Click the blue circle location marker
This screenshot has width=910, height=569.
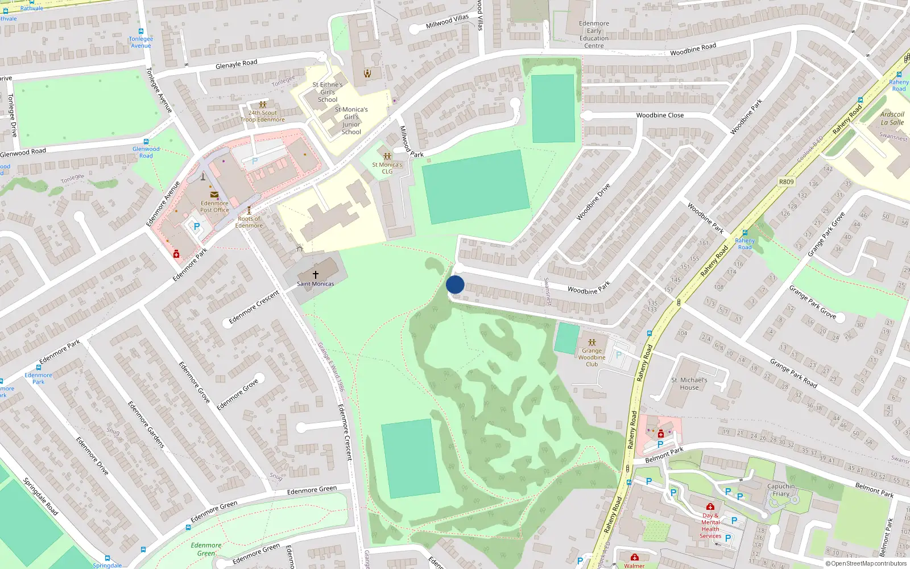pos(455,284)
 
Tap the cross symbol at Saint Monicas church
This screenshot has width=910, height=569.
pos(316,275)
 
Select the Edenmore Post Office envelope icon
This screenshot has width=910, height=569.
pos(214,195)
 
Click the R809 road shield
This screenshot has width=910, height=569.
pos(786,182)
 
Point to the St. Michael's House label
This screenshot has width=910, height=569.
pos(689,384)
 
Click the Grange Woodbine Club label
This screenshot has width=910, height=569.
pos(592,357)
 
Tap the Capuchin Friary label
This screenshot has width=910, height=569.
pos(781,490)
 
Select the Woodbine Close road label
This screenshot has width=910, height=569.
pos(660,115)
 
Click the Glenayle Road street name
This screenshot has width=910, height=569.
pos(236,64)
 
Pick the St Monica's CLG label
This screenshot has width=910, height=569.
pos(387,168)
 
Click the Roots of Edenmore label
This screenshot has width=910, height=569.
pos(249,222)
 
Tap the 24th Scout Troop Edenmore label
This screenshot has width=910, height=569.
pos(263,116)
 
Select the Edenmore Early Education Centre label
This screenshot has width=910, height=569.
pos(594,35)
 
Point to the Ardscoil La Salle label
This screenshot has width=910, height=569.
pos(892,118)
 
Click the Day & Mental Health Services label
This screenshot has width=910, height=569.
pos(710,526)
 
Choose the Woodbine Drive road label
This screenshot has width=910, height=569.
pos(593,202)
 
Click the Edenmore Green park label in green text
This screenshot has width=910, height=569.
pos(206,549)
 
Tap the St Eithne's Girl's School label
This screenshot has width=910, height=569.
pos(328,92)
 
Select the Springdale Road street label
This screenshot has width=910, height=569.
pos(40,496)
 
